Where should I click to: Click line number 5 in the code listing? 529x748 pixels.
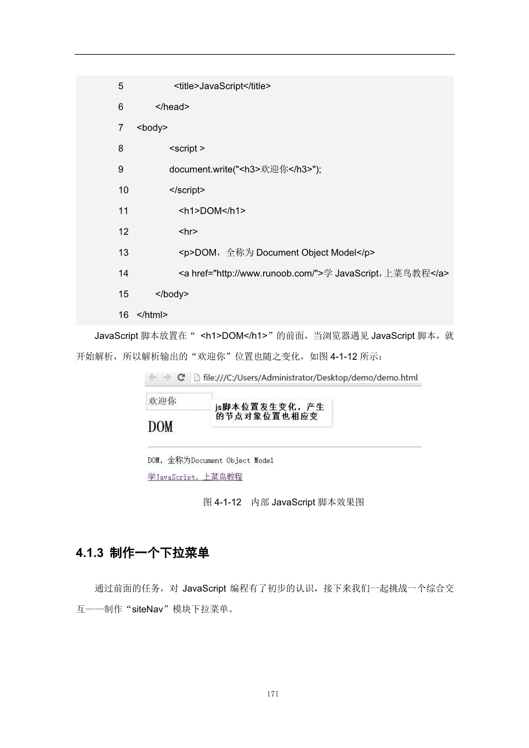click(121, 86)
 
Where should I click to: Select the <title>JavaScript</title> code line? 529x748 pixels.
click(222, 86)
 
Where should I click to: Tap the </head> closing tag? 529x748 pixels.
click(172, 107)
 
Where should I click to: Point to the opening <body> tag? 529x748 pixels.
click(152, 128)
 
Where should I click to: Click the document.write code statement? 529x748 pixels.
click(245, 169)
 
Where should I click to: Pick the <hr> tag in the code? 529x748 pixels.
click(188, 232)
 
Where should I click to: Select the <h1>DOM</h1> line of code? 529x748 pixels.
click(212, 211)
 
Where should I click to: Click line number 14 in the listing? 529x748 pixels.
click(123, 274)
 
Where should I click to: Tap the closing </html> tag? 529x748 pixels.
click(152, 315)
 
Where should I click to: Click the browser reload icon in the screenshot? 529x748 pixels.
click(181, 378)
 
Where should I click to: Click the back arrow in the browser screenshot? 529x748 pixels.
click(152, 378)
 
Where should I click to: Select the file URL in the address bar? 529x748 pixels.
click(310, 378)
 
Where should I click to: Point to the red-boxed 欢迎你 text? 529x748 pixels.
click(163, 401)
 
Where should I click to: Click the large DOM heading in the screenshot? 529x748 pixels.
click(160, 426)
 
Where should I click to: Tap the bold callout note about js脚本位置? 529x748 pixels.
click(270, 412)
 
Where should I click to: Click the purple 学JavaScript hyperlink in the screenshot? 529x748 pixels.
click(195, 477)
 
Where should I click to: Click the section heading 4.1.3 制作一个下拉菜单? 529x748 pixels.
click(142, 553)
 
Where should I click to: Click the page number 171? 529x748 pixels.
click(273, 694)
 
